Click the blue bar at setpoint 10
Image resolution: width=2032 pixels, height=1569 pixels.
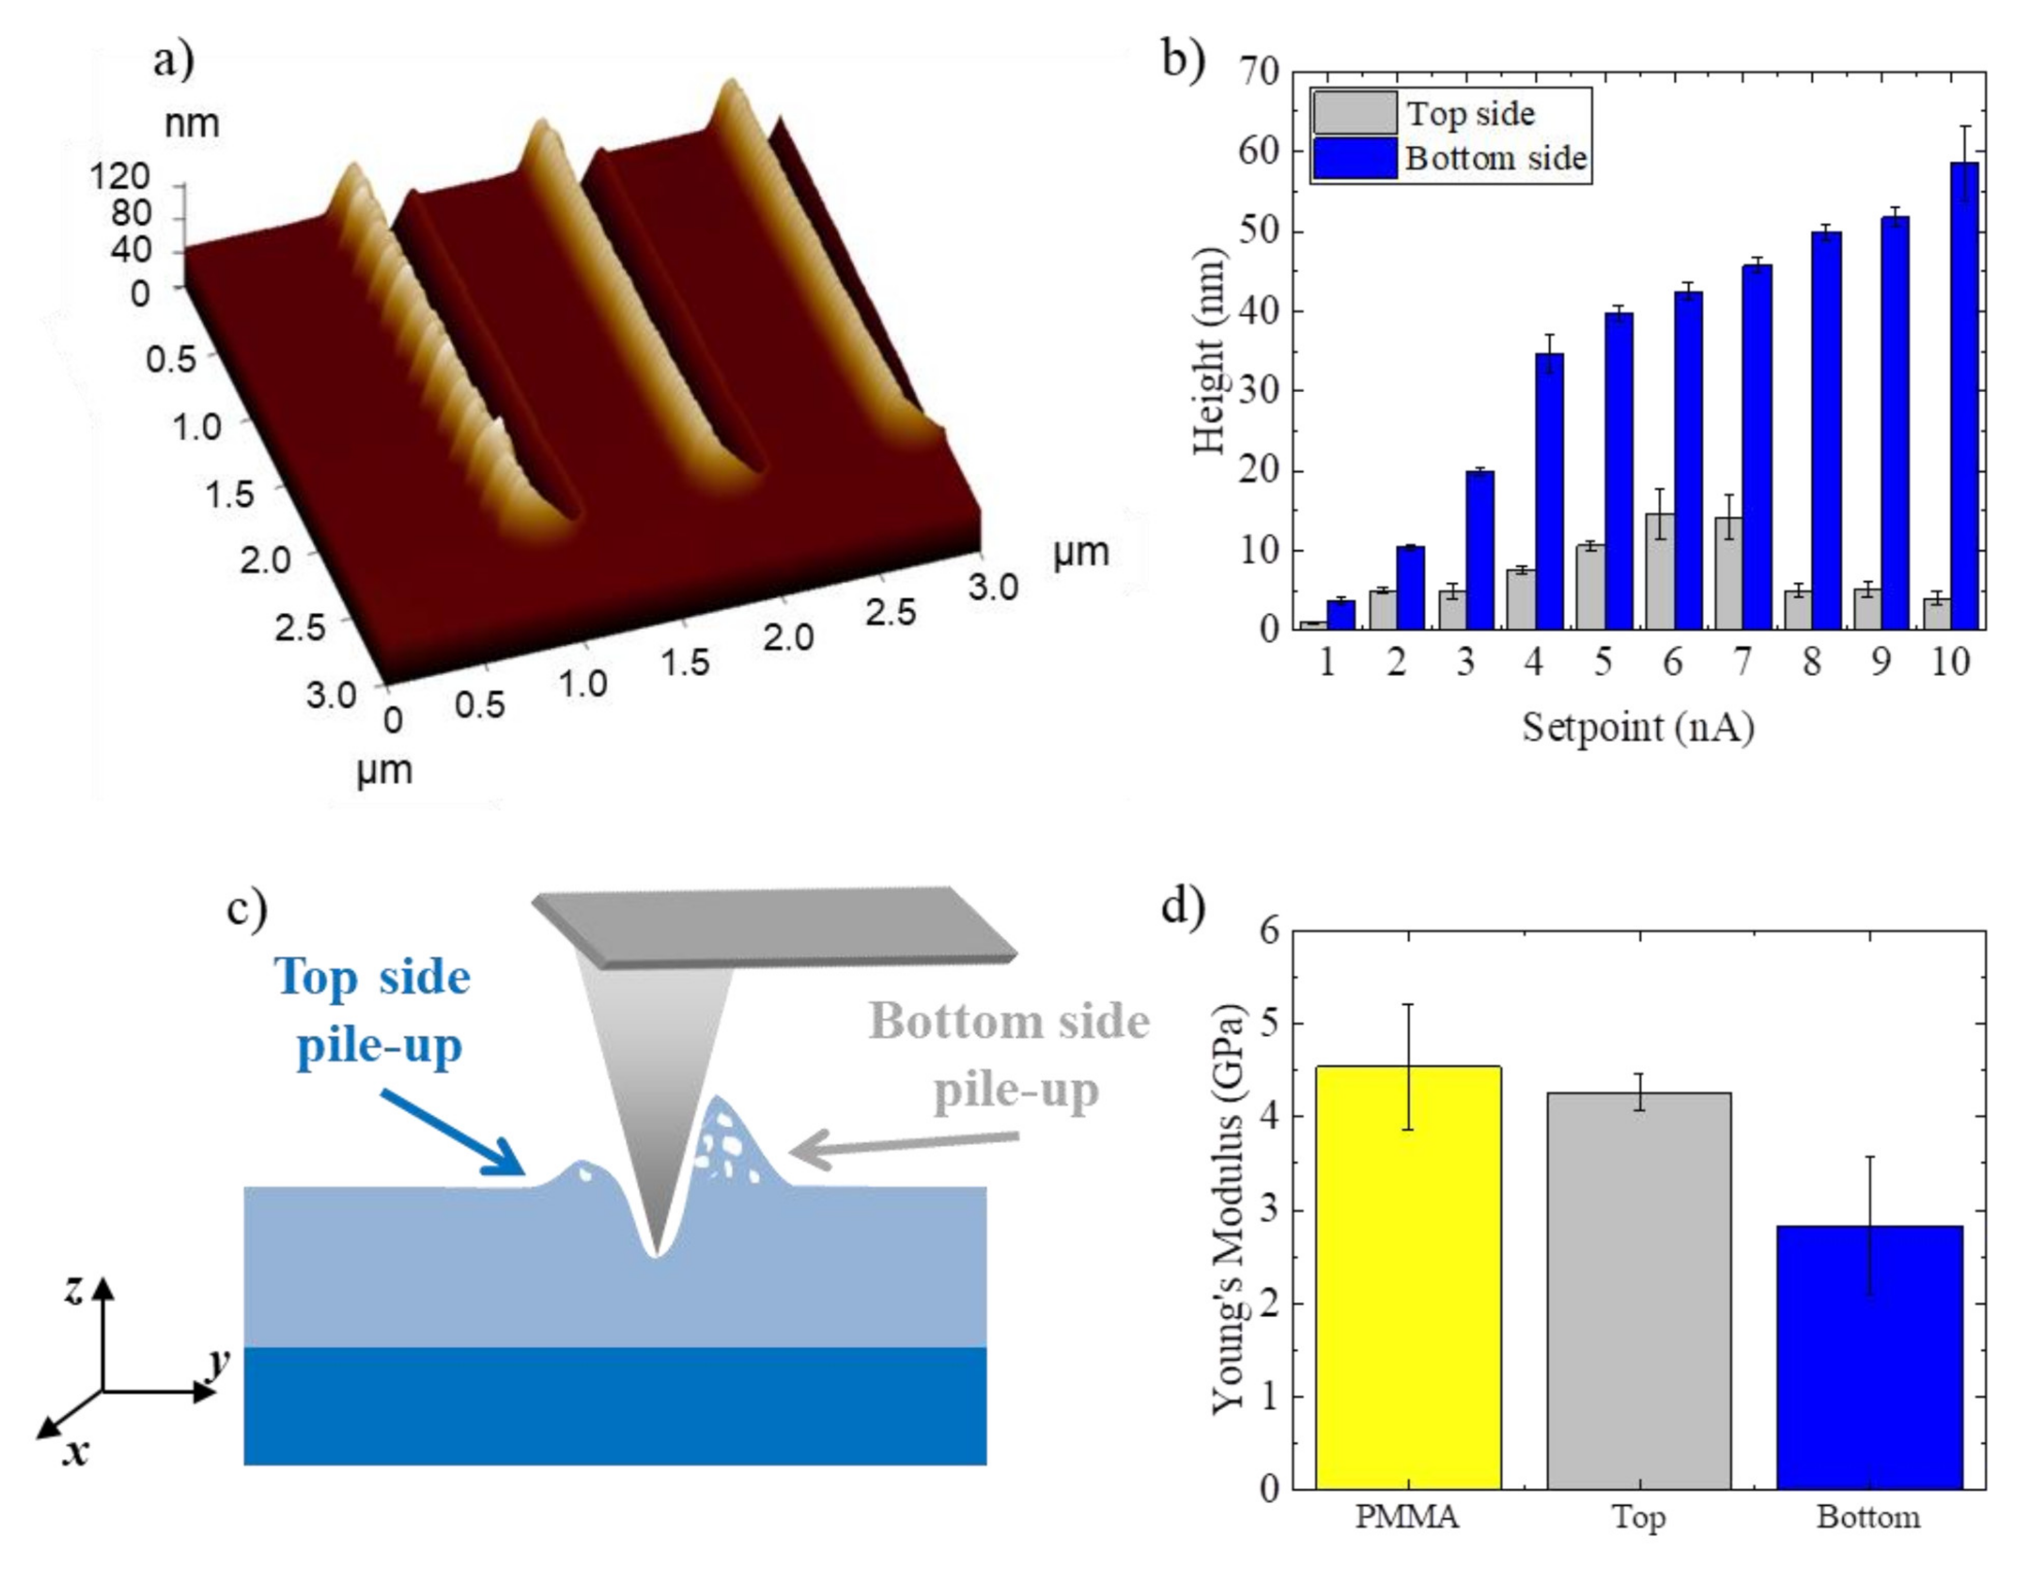tap(1964, 395)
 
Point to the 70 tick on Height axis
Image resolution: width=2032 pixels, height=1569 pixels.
tap(1260, 73)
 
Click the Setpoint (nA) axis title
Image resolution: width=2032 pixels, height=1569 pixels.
tap(1638, 727)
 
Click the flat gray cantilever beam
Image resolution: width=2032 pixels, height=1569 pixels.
tap(772, 926)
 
